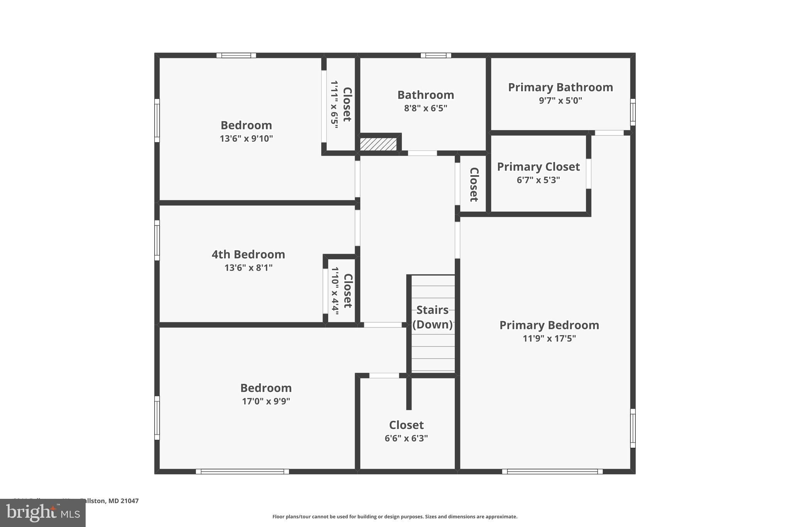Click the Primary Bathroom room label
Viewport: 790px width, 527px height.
click(x=560, y=87)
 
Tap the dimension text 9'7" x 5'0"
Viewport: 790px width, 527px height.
click(x=560, y=101)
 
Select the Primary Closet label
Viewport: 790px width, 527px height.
click(x=538, y=167)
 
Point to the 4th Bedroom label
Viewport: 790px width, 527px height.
click(x=248, y=254)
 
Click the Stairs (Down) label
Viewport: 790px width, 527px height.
click(x=432, y=317)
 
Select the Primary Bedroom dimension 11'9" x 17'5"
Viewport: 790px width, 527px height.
click(x=549, y=339)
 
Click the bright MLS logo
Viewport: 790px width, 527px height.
click(x=42, y=513)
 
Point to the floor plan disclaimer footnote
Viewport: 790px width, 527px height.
click(x=395, y=517)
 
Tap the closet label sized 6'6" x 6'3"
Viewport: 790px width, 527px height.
click(x=406, y=425)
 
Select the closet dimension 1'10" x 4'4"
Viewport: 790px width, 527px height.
click(x=335, y=290)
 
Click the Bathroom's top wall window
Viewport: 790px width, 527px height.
click(x=436, y=56)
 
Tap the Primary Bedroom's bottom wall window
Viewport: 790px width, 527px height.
click(x=552, y=471)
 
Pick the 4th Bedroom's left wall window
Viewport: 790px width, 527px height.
click(x=157, y=241)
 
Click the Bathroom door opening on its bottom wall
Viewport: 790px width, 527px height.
click(x=422, y=153)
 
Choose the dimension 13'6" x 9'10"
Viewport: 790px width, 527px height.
click(x=246, y=139)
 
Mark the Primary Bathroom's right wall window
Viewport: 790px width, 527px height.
click(x=633, y=112)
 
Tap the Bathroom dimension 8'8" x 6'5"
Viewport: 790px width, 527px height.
click(x=425, y=108)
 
